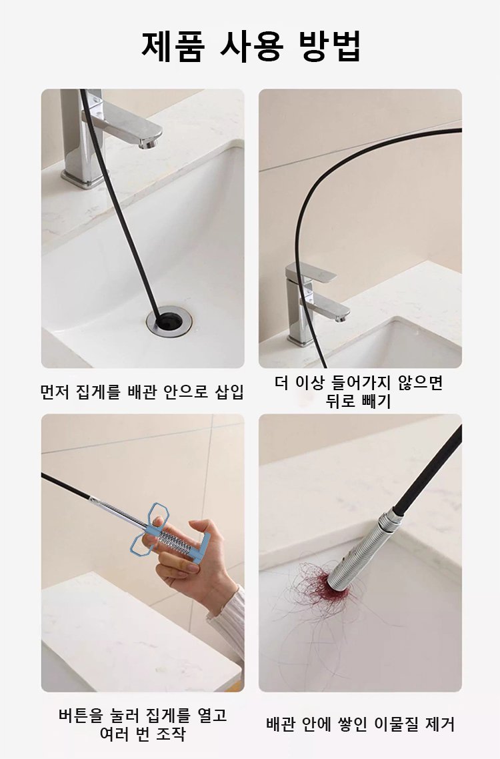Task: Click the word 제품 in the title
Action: (171, 45)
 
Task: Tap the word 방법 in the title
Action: (331, 45)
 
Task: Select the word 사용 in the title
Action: (251, 45)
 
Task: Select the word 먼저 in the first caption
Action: (55, 392)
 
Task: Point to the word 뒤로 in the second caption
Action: (343, 402)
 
